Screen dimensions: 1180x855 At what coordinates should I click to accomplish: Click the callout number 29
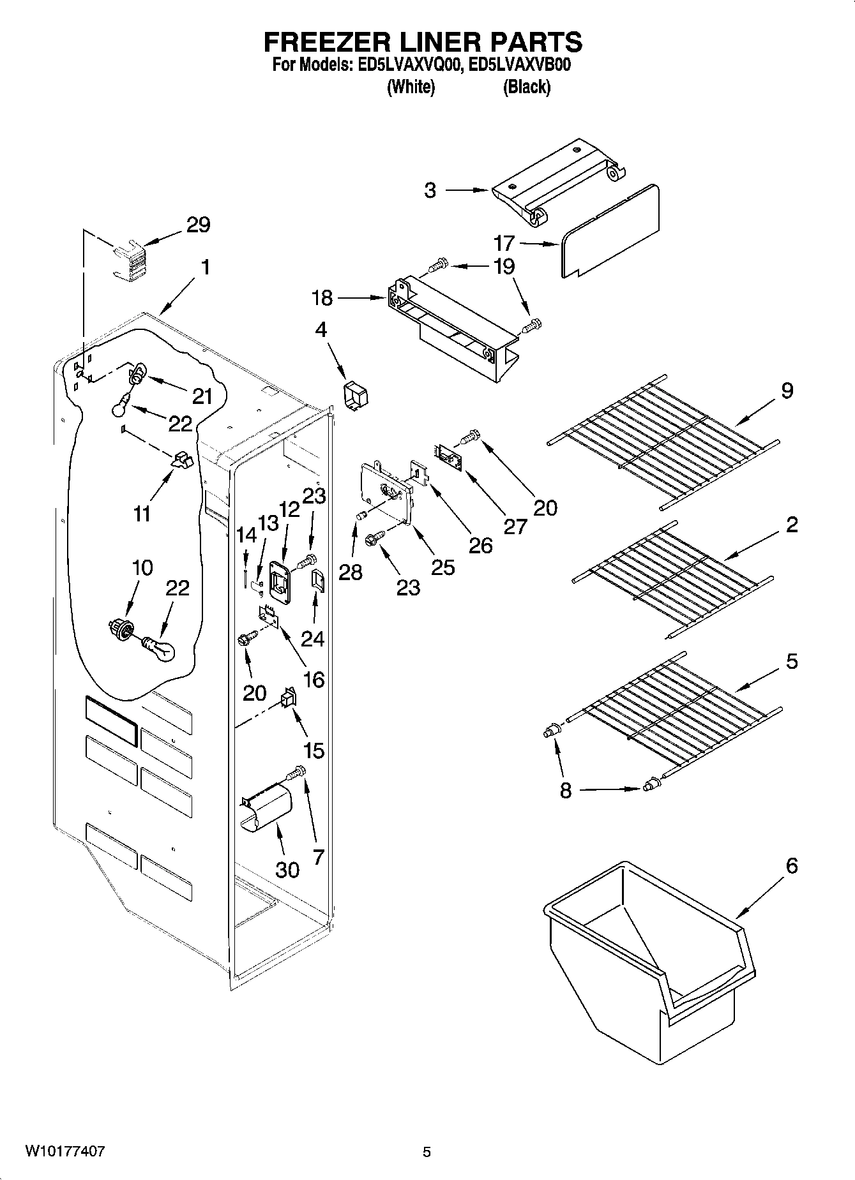[198, 225]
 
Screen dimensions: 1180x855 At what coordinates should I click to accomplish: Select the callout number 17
[504, 243]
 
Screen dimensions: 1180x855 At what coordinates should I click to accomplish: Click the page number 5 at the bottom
[427, 1152]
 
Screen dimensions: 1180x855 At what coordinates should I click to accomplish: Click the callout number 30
[287, 869]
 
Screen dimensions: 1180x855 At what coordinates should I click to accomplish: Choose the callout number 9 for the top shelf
[787, 389]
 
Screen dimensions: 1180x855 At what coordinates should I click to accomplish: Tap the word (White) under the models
[411, 87]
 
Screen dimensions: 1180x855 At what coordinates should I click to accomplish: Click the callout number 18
[322, 297]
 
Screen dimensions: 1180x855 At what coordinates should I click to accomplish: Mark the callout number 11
[141, 514]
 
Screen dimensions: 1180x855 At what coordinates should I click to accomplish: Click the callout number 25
[443, 567]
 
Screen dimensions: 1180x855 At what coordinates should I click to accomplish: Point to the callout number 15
[314, 751]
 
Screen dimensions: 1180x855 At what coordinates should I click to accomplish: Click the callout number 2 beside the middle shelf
[792, 525]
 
